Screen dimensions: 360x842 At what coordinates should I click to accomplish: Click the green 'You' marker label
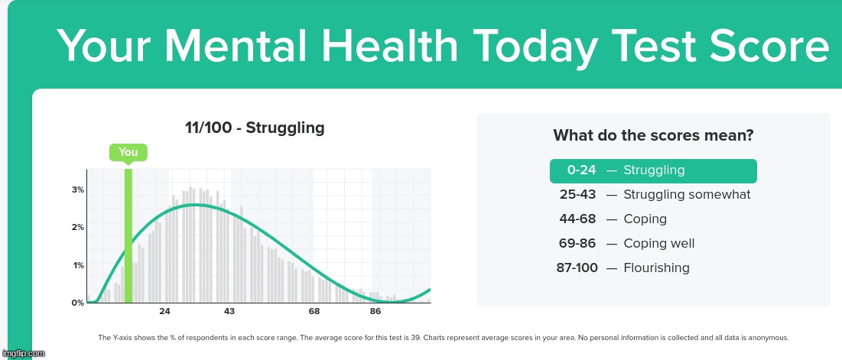128,152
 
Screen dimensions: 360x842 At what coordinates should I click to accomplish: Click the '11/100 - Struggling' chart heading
255,128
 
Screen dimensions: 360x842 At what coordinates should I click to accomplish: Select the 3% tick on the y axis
78,190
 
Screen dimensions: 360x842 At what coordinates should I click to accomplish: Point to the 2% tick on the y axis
78,228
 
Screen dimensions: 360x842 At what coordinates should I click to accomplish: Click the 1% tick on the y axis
78,265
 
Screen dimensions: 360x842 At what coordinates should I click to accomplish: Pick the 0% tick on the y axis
78,303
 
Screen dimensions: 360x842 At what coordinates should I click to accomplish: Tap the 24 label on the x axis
164,312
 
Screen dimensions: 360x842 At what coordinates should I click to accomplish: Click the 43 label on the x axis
229,312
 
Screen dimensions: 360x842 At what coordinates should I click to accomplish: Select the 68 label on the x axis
314,312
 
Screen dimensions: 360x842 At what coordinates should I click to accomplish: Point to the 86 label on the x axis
375,312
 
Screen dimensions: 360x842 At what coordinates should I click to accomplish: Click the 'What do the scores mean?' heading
653,136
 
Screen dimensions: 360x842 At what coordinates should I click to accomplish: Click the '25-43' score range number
577,195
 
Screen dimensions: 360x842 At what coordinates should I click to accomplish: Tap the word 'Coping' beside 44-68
645,219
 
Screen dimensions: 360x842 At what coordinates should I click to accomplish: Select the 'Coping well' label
659,244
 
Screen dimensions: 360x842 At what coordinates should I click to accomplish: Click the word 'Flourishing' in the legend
656,268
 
